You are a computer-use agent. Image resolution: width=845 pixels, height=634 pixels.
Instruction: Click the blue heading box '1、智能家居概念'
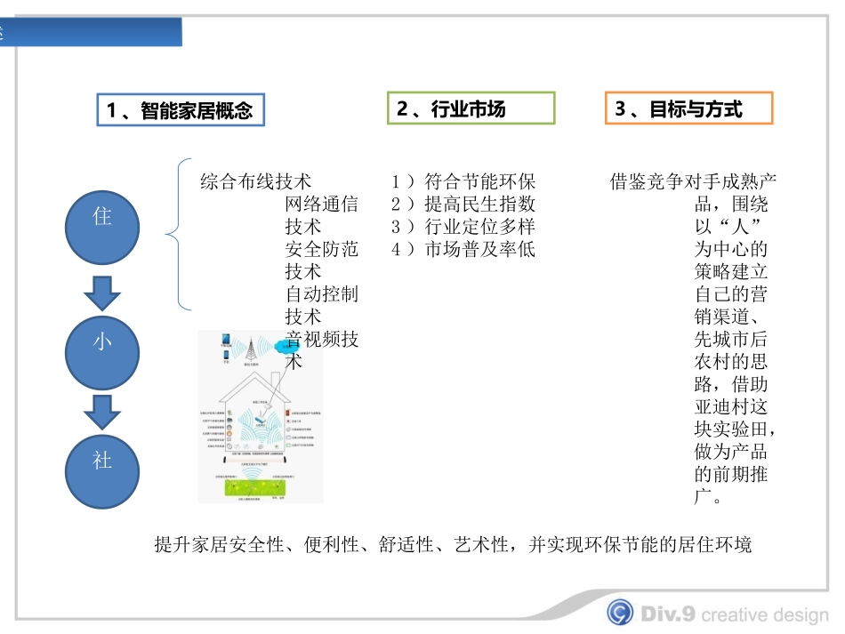181,110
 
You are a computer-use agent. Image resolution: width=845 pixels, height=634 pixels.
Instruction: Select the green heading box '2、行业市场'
471,108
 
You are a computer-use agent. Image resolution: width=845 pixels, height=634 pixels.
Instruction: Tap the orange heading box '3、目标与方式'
688,108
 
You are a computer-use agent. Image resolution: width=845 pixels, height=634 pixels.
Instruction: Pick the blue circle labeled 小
103,341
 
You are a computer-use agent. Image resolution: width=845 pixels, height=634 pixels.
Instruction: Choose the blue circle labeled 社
103,461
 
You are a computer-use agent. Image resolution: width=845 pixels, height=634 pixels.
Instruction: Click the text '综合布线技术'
256,182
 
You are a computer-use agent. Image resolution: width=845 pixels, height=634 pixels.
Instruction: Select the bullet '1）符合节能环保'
463,182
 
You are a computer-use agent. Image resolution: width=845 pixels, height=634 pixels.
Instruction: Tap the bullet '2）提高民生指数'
463,205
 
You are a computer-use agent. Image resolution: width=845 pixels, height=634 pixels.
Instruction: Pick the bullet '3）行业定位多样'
463,227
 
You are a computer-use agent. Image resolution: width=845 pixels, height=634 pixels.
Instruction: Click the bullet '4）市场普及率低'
463,249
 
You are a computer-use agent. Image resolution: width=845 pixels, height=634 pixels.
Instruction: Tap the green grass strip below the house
260,485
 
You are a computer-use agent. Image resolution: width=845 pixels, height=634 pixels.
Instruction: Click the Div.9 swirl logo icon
621,612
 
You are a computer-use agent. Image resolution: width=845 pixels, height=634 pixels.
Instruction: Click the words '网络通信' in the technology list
321,205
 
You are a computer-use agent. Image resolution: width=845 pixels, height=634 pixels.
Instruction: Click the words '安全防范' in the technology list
321,249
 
